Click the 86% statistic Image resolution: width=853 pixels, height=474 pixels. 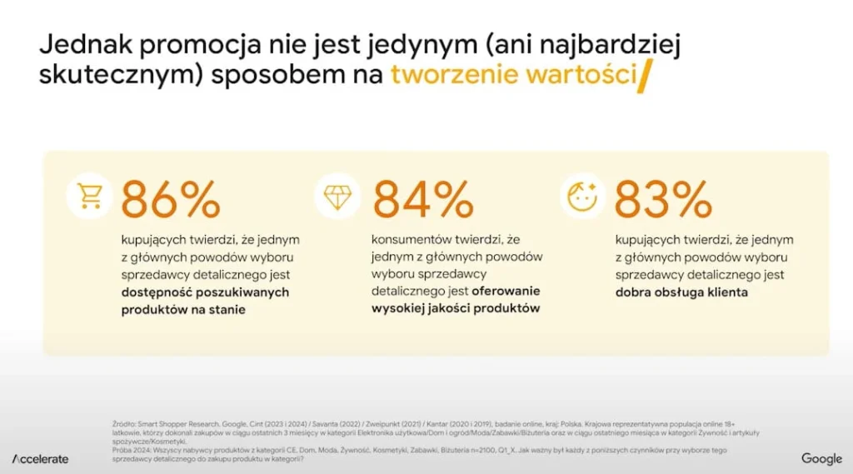171,199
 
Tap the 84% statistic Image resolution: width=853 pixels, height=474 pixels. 423,199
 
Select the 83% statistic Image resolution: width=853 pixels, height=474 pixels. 663,199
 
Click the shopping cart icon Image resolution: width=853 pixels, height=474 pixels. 89,196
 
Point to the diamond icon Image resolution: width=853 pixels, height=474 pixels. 337,196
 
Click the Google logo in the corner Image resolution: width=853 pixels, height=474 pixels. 821,459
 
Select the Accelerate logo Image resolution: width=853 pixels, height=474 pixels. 40,459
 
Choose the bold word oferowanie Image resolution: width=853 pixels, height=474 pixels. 506,291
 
